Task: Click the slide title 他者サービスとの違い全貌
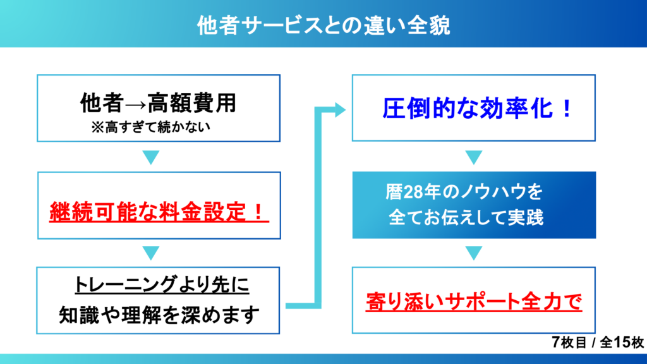(x=323, y=25)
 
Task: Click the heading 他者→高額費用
(x=158, y=102)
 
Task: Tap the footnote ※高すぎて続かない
(x=150, y=127)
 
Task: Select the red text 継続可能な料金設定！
(x=159, y=211)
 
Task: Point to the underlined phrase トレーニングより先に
(x=162, y=284)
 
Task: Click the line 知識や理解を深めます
(x=159, y=315)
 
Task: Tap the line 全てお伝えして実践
(x=466, y=217)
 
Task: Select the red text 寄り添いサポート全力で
(x=474, y=301)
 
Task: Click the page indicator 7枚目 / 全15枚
(x=598, y=342)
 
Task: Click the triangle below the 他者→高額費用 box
(x=151, y=157)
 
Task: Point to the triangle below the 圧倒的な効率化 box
(x=474, y=157)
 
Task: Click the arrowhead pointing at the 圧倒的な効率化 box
(x=340, y=109)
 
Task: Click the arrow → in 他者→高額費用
(x=135, y=105)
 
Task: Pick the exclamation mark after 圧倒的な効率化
(x=567, y=109)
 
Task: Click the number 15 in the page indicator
(x=622, y=342)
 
